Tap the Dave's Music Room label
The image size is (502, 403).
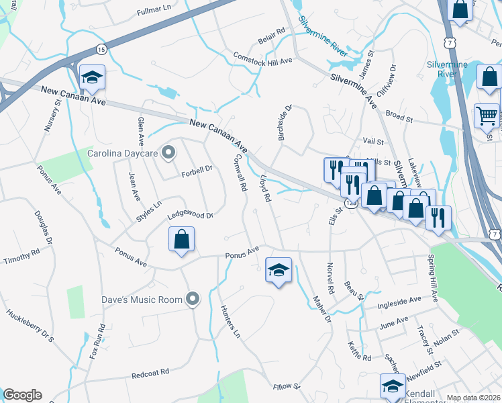tap(142, 299)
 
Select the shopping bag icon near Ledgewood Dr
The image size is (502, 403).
tap(181, 240)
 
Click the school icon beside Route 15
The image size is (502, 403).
tap(92, 78)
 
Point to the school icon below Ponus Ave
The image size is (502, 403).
tap(279, 271)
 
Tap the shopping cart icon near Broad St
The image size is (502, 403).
tap(487, 116)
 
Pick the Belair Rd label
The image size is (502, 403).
tap(271, 32)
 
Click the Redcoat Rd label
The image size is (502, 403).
tap(150, 371)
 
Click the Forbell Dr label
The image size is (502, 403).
tap(196, 171)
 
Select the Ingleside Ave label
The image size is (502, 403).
tap(400, 303)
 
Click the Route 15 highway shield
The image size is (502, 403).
tap(101, 49)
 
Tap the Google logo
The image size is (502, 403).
tap(22, 395)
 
